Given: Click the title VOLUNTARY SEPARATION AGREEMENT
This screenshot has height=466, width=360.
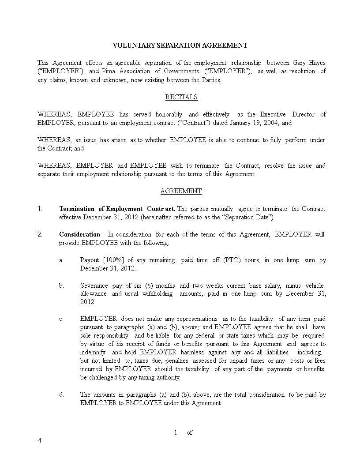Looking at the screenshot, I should tap(180, 45).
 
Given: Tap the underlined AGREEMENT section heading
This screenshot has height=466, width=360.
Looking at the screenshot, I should tap(181, 191).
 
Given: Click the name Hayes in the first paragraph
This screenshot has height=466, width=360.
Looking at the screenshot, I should tap(316, 63).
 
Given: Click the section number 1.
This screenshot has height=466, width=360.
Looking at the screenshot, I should tap(40, 209).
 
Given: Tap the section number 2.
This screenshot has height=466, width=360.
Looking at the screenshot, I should tap(40, 234).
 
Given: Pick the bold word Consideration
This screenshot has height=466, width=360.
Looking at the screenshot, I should tap(80, 234).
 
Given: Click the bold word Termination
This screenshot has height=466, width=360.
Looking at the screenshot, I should tap(77, 209).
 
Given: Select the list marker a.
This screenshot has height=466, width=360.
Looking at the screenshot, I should tap(61, 260).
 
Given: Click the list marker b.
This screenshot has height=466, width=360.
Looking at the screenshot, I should tap(62, 286).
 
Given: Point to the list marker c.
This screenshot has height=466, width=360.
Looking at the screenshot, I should tap(61, 319).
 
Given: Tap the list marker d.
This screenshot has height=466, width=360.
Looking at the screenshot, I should tap(62, 395).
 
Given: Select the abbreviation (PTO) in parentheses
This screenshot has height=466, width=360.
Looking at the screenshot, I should tap(234, 260).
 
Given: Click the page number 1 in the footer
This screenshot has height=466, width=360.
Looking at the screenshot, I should tap(176, 433).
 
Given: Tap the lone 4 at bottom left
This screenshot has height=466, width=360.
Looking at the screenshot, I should tap(39, 441).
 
